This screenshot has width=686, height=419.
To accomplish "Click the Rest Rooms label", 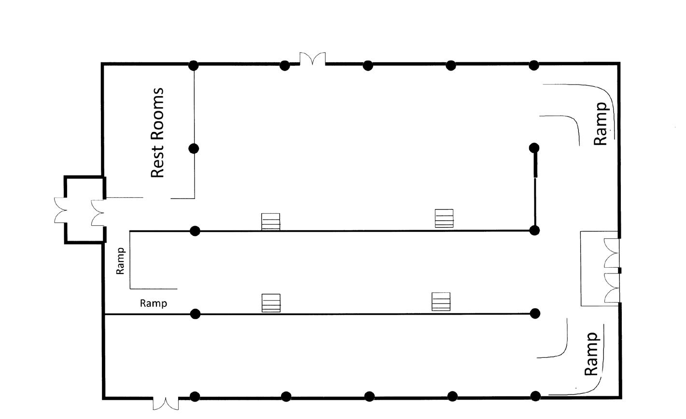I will (x=158, y=133).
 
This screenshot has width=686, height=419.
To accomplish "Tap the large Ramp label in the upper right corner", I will (x=601, y=124).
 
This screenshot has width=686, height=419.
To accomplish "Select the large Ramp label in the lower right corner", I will (x=591, y=354).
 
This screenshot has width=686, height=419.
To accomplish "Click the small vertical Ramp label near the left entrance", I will (x=121, y=261).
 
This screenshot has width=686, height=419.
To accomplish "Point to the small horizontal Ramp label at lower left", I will (x=154, y=303).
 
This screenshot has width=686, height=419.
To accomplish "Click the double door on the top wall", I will (x=312, y=59).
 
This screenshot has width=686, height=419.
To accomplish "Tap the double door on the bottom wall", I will (x=166, y=403).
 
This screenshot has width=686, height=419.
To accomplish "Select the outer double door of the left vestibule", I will (x=61, y=210).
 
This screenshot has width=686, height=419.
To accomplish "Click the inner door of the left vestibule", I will (x=98, y=213).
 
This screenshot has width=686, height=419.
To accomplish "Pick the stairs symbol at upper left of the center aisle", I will (x=271, y=222).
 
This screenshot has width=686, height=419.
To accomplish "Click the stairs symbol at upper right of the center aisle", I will (x=444, y=218).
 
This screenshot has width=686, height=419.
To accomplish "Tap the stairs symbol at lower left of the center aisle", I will (x=271, y=303).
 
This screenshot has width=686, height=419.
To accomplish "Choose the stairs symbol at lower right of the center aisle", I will (x=441, y=302).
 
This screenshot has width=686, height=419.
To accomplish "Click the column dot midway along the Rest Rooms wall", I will (x=194, y=148).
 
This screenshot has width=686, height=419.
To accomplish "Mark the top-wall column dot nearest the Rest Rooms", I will (x=194, y=65).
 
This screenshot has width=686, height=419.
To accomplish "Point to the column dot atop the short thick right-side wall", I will (x=534, y=147).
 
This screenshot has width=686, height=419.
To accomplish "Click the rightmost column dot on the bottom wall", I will (x=535, y=396).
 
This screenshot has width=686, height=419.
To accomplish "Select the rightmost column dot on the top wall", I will (x=534, y=65).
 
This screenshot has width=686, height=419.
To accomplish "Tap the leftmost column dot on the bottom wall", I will (x=195, y=397).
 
